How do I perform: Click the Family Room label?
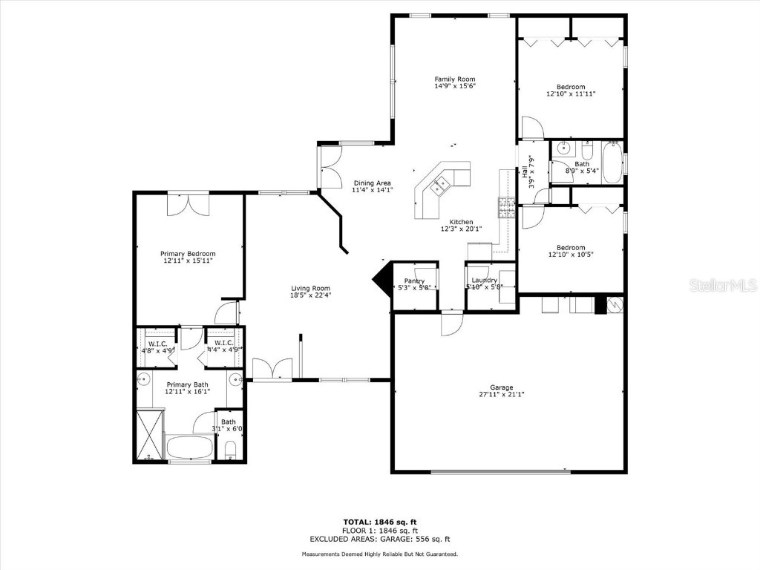(454, 79)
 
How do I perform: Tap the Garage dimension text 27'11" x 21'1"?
(501, 395)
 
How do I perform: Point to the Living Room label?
(310, 288)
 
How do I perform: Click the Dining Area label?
(372, 183)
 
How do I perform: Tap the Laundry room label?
(484, 280)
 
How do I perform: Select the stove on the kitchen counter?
(507, 206)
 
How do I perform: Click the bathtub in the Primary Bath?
(189, 448)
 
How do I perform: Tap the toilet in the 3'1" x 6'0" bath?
(230, 449)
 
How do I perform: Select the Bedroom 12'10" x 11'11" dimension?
(571, 94)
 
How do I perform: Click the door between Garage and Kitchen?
(451, 323)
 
